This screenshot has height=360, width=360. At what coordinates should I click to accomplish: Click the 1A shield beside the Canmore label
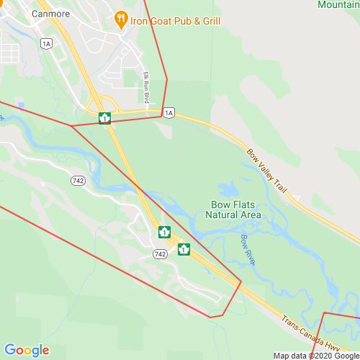(x=47, y=44)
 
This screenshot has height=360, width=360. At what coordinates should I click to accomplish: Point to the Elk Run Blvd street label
(x=145, y=86)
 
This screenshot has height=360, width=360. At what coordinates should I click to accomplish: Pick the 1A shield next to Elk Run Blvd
(x=168, y=113)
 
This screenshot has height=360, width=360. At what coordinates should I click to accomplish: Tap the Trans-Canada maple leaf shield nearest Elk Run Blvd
(x=104, y=118)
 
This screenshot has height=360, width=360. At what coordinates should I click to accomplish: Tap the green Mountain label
(x=338, y=4)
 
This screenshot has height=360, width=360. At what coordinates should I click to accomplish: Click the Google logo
(x=27, y=351)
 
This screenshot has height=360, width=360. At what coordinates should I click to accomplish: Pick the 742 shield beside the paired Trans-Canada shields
(x=161, y=254)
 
